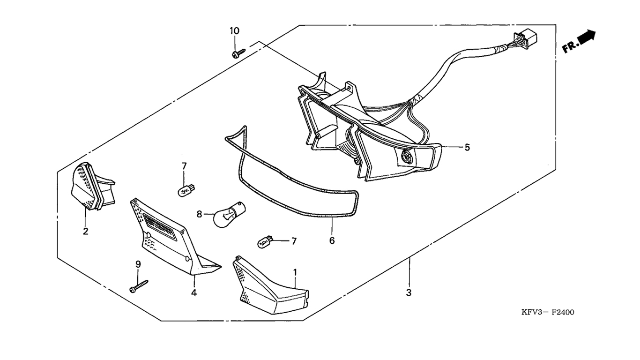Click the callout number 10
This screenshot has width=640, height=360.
coord(234,31)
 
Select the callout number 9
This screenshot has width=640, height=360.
coord(138,264)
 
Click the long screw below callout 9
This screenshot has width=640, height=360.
coord(139,286)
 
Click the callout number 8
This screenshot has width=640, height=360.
coord(199,214)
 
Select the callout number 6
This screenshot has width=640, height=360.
coord(332,240)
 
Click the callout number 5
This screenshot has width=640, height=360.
coord(467,147)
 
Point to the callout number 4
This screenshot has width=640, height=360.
coord(193,293)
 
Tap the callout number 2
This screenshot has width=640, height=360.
coord(86,231)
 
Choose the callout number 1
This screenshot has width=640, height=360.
coord(295,272)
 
